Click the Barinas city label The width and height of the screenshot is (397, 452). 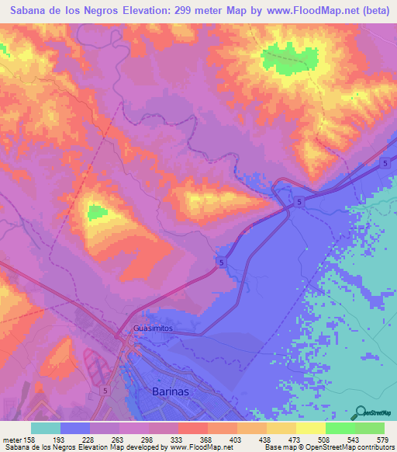click(167, 392)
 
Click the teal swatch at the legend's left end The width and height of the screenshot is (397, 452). click(46, 429)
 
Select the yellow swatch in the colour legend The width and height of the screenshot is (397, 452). click(311, 429)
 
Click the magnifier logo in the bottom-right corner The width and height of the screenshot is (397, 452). click(361, 412)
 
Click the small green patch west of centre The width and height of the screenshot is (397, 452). click(97, 211)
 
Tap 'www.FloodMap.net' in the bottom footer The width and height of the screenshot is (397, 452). click(198, 447)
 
